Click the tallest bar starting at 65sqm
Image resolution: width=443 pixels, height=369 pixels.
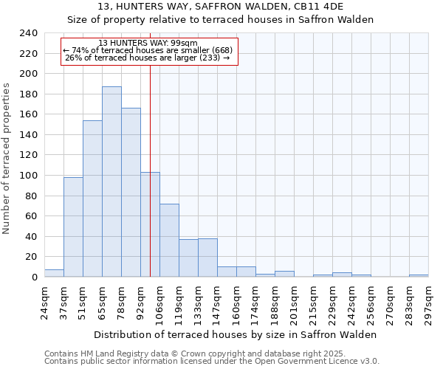click(x=111, y=182)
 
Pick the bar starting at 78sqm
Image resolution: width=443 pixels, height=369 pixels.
click(x=131, y=193)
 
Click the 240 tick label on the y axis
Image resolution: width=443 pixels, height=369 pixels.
click(x=27, y=33)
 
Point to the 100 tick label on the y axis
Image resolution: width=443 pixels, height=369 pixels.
click(x=27, y=176)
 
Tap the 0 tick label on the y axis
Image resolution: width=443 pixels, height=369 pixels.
click(x=33, y=277)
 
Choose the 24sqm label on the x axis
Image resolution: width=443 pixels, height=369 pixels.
click(x=44, y=303)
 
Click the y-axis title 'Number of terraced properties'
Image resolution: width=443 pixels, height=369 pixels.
click(x=7, y=159)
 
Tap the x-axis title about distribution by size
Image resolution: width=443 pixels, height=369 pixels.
click(x=236, y=334)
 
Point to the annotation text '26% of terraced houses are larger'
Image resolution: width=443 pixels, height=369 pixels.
click(x=148, y=58)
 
